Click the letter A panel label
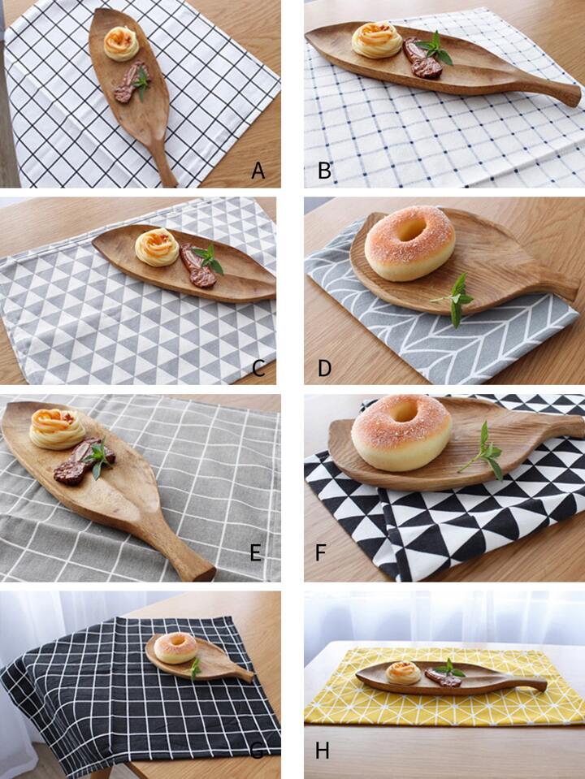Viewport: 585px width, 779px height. [x=258, y=171]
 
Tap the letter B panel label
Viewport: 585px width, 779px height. [x=324, y=171]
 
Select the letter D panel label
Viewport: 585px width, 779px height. [x=324, y=368]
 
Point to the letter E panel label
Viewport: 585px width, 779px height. [x=255, y=552]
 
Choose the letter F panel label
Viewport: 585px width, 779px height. [x=321, y=552]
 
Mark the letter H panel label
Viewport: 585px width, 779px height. [x=322, y=751]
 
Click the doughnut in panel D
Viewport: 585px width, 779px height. [x=409, y=243]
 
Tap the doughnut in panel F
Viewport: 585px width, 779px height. [x=402, y=432]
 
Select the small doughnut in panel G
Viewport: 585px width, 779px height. [x=175, y=648]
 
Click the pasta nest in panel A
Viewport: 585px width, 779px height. [x=121, y=43]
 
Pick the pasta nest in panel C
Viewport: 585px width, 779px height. [x=157, y=248]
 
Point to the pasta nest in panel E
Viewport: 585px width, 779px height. [x=57, y=429]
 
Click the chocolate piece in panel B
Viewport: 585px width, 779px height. [x=422, y=58]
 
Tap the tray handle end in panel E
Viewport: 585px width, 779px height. [x=203, y=573]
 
